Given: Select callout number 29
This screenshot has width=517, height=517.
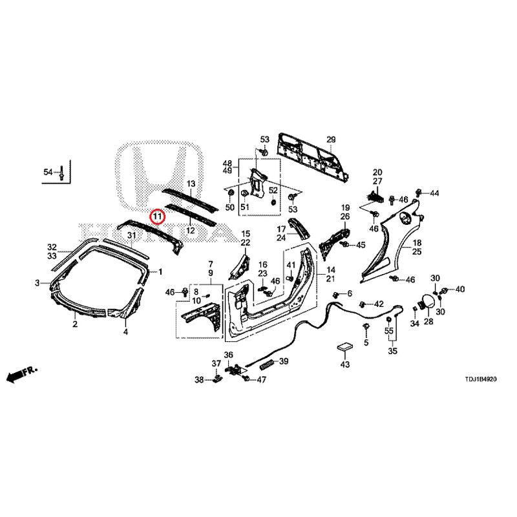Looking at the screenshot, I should tap(331, 140).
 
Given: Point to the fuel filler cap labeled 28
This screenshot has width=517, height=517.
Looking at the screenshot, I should tap(427, 302).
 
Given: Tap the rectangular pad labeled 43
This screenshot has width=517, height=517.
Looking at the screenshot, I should tap(344, 348).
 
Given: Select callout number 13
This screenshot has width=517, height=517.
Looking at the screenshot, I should tap(191, 184).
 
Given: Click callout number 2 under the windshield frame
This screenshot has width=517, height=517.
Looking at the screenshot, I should tap(75, 324).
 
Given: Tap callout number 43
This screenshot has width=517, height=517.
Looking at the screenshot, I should tap(344, 365).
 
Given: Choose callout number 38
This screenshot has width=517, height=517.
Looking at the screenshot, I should tap(200, 379).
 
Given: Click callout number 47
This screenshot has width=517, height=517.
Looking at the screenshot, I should tap(261, 379).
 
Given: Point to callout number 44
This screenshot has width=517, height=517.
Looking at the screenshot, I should tap(434, 193).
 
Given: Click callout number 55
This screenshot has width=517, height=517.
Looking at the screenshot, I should tap(389, 331).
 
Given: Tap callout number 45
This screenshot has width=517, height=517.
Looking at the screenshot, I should tap(361, 245).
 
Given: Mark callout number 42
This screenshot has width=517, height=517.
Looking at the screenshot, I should tap(379, 304).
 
